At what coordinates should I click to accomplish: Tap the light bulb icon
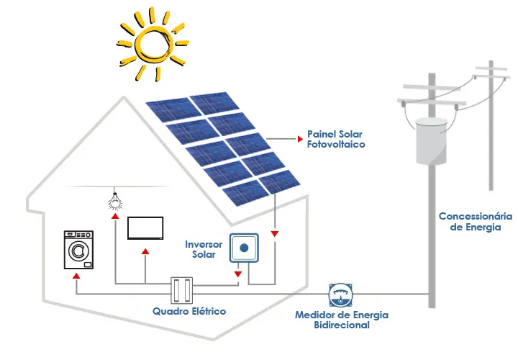pos(114,199)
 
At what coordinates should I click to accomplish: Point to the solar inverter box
pos(244,248)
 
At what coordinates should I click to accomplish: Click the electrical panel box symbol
pos(183,290)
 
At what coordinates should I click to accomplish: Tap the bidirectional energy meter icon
pos(342,294)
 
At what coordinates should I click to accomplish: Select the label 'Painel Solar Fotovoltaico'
pos(336,139)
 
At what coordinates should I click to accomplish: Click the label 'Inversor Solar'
pos(204,250)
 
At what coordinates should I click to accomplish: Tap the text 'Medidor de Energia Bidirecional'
pos(342,320)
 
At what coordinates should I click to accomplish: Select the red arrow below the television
pos(145,251)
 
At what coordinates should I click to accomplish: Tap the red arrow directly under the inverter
pos(238,274)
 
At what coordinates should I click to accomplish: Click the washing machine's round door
pos(78,252)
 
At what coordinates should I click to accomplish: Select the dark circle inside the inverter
pos(244,248)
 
